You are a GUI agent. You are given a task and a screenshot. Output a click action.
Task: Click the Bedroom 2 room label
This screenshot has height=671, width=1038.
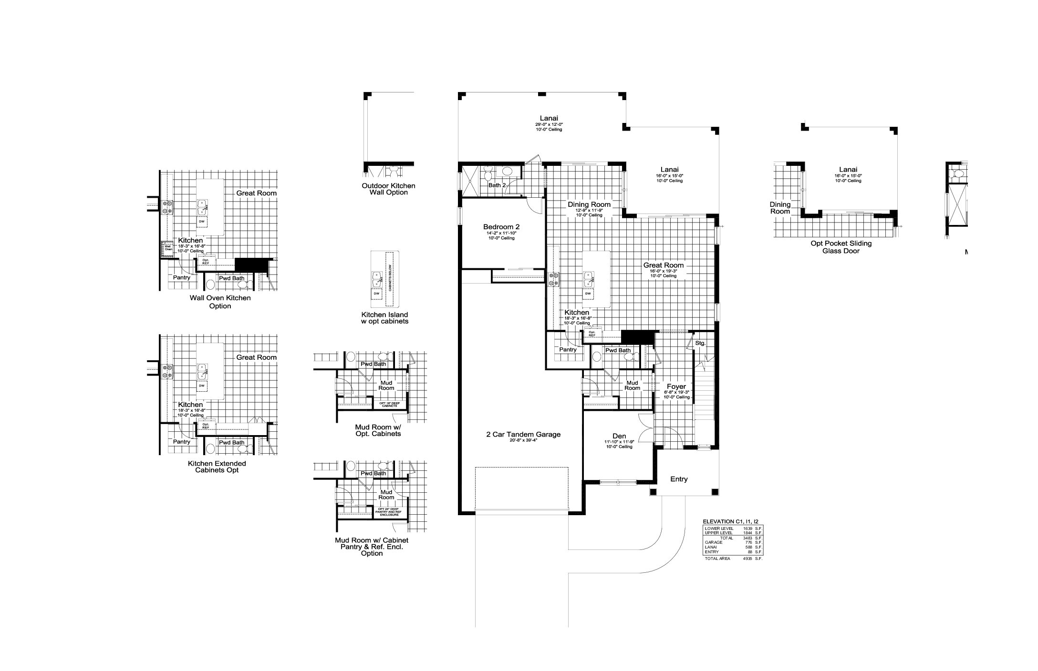click(501, 227)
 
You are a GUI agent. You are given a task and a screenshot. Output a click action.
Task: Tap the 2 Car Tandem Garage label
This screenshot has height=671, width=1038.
click(523, 434)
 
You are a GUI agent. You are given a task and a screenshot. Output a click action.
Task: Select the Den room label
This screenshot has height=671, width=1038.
click(619, 436)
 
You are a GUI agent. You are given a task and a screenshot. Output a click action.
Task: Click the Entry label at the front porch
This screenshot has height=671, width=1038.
click(679, 479)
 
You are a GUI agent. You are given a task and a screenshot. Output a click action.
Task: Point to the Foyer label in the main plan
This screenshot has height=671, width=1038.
click(676, 386)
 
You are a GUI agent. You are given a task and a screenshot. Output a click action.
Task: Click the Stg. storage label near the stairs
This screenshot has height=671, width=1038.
click(700, 343)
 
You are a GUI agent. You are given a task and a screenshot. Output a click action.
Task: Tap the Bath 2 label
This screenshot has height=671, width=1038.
click(497, 185)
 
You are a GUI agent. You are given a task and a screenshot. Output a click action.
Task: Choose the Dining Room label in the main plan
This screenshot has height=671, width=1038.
click(589, 204)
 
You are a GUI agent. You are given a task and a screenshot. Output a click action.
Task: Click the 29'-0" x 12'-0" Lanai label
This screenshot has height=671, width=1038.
click(549, 119)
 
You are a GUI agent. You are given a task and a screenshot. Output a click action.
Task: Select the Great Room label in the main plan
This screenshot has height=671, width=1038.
click(663, 265)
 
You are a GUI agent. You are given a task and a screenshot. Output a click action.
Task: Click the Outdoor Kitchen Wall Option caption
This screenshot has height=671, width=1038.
click(388, 189)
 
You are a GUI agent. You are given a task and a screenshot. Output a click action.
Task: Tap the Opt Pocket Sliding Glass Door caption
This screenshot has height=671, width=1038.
click(841, 247)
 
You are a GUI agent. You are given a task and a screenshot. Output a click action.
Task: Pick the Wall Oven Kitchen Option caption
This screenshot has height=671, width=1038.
click(220, 302)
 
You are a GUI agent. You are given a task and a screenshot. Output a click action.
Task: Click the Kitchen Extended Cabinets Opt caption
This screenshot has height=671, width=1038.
click(217, 467)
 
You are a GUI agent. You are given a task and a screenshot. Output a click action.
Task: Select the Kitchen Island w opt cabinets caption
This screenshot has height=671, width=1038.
click(384, 318)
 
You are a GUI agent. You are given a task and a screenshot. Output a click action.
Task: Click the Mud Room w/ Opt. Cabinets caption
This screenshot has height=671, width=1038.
click(378, 430)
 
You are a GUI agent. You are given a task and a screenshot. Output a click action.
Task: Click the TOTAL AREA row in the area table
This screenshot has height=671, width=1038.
click(733, 558)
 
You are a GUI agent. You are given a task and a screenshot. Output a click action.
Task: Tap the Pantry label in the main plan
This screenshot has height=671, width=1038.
click(568, 349)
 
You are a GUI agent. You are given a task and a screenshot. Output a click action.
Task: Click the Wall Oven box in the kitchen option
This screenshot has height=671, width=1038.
click(168, 248)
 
